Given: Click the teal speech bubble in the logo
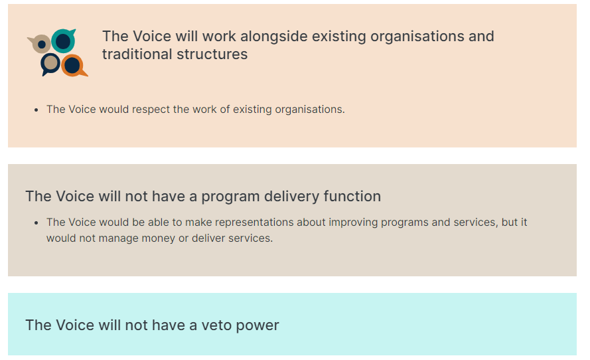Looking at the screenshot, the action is point(63,41).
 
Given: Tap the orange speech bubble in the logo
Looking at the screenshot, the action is point(74,66).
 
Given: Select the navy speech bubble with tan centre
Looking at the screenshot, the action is point(50,63).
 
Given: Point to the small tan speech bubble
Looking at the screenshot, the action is point(40,44).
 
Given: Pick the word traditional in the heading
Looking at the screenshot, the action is point(137,54).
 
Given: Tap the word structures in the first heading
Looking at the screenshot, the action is point(212,54).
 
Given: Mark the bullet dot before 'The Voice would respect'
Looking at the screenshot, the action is point(36,110).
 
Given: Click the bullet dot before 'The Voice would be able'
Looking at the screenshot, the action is point(36,223).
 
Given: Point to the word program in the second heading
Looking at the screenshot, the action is point(230,197).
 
